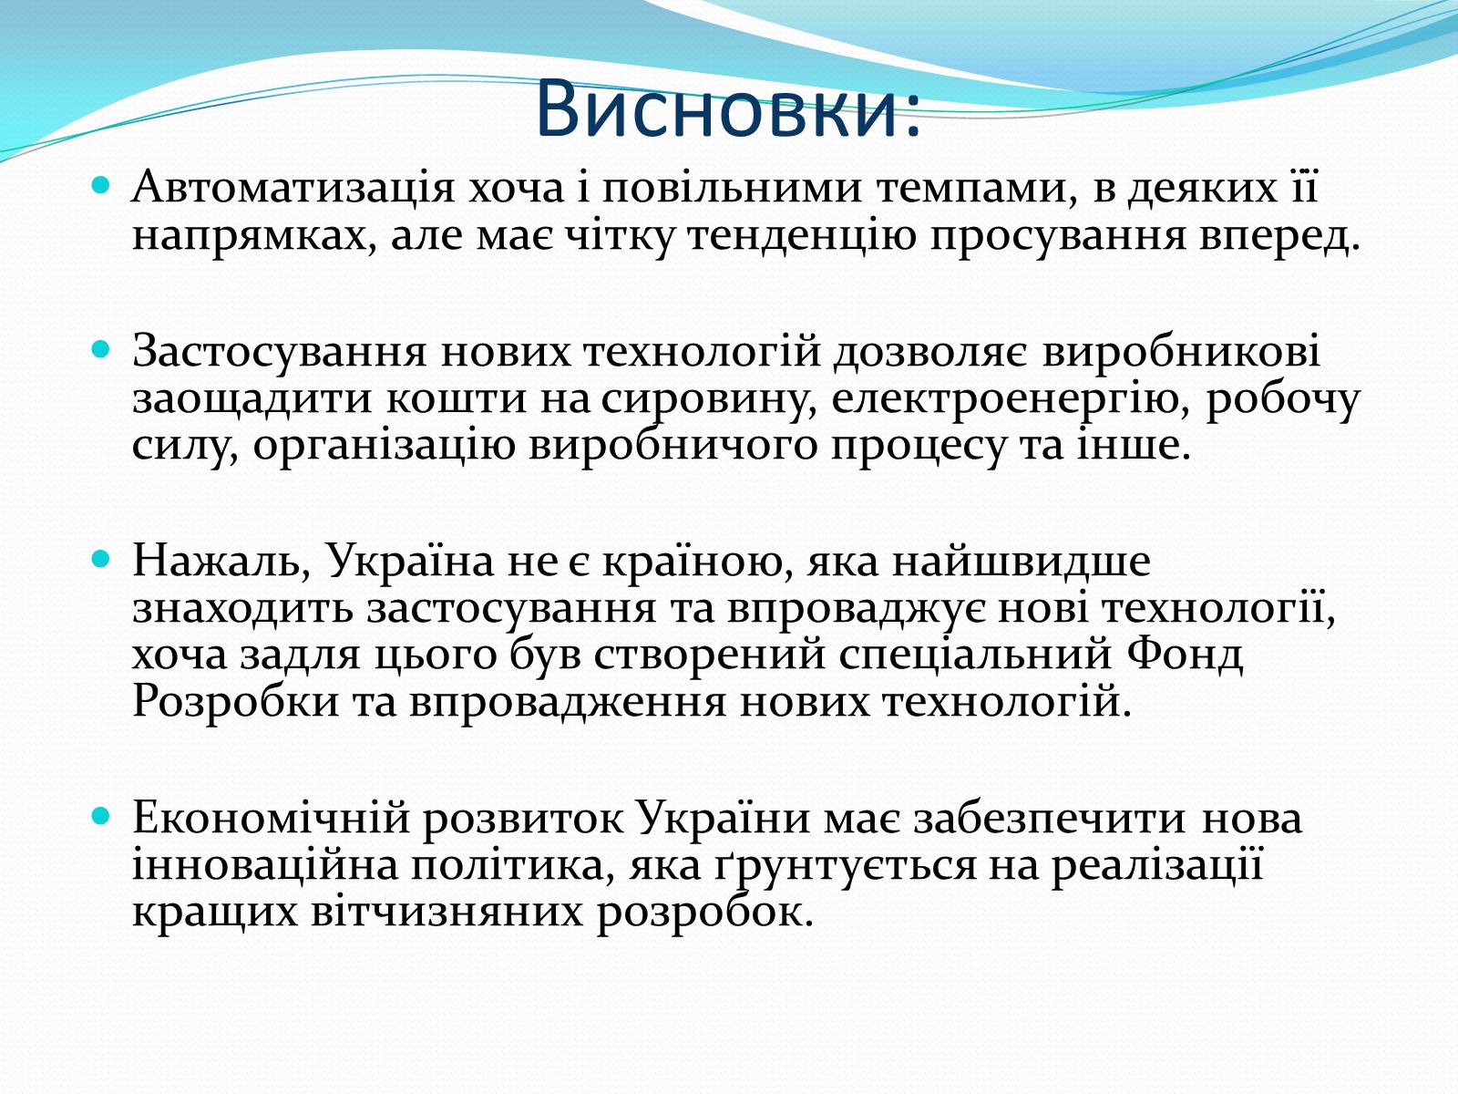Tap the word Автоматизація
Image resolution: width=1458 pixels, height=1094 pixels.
coord(293,187)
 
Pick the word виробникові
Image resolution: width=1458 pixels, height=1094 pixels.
coord(1180,351)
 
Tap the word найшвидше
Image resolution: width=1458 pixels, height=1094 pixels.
coord(1021,560)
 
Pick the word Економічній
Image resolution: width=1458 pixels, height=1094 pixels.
coord(271,818)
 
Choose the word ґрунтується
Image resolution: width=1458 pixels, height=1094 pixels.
coord(845,865)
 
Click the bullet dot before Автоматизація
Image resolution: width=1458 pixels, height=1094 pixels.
coord(100,185)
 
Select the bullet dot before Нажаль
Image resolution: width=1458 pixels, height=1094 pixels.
coord(100,558)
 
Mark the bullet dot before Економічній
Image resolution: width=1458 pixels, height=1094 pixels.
coord(100,815)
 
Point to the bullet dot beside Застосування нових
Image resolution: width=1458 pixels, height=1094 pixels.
coord(100,348)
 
